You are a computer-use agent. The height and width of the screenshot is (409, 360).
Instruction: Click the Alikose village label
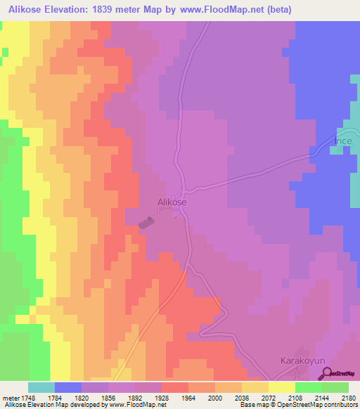click(x=172, y=202)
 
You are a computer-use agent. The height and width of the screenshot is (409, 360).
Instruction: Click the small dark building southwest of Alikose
click(x=146, y=223)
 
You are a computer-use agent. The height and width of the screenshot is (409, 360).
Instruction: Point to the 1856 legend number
click(x=108, y=398)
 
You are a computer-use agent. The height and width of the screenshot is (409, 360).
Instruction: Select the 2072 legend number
click(x=269, y=398)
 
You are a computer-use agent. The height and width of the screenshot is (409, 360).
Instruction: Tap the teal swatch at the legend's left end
click(x=41, y=387)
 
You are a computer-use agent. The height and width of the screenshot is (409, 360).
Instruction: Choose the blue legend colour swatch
click(x=68, y=387)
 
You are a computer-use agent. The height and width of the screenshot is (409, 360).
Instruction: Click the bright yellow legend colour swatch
click(x=281, y=387)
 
